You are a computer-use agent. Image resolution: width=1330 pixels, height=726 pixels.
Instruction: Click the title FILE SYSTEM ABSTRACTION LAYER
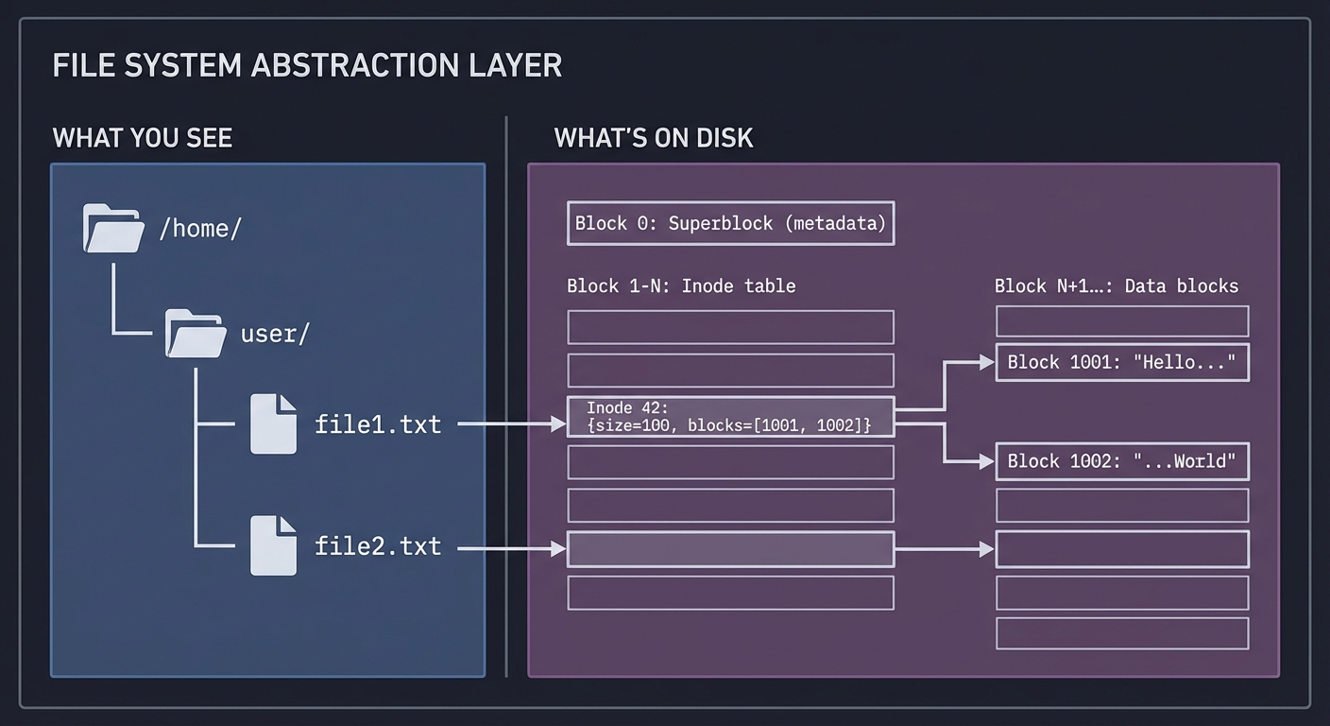pos(307,65)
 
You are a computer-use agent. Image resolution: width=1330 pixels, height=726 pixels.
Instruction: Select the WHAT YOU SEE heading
pos(143,138)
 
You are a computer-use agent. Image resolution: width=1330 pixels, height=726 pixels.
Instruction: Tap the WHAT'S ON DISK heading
pos(654,138)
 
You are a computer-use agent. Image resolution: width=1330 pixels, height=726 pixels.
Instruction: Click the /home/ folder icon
pos(113,228)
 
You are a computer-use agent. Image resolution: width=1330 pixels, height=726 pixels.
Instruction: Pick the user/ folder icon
pos(196,334)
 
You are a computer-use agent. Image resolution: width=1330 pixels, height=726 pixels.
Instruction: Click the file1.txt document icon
pos(273,424)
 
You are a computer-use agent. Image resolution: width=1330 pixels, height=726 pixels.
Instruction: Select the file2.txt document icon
pos(273,545)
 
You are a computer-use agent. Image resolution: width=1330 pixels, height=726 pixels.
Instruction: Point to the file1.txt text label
pos(378,424)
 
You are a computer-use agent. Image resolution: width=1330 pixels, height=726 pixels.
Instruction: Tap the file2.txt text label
pos(378,546)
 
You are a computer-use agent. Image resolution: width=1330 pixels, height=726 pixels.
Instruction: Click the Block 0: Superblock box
pos(730,223)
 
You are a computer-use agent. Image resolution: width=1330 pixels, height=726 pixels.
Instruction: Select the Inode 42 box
pos(730,417)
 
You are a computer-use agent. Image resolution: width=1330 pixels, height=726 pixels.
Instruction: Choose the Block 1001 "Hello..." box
pos(1122,363)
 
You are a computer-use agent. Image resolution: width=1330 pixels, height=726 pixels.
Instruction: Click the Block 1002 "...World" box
pos(1122,461)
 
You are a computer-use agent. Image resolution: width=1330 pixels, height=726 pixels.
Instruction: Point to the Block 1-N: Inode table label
pos(681,285)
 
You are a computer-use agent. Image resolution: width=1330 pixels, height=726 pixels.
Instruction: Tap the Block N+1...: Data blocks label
pos(1117,285)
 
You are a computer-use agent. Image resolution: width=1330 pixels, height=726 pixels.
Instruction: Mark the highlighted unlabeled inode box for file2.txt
pos(730,549)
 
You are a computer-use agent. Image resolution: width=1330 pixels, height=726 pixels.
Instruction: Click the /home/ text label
pos(200,228)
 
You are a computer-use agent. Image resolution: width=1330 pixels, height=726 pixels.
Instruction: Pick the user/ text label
pos(275,334)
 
